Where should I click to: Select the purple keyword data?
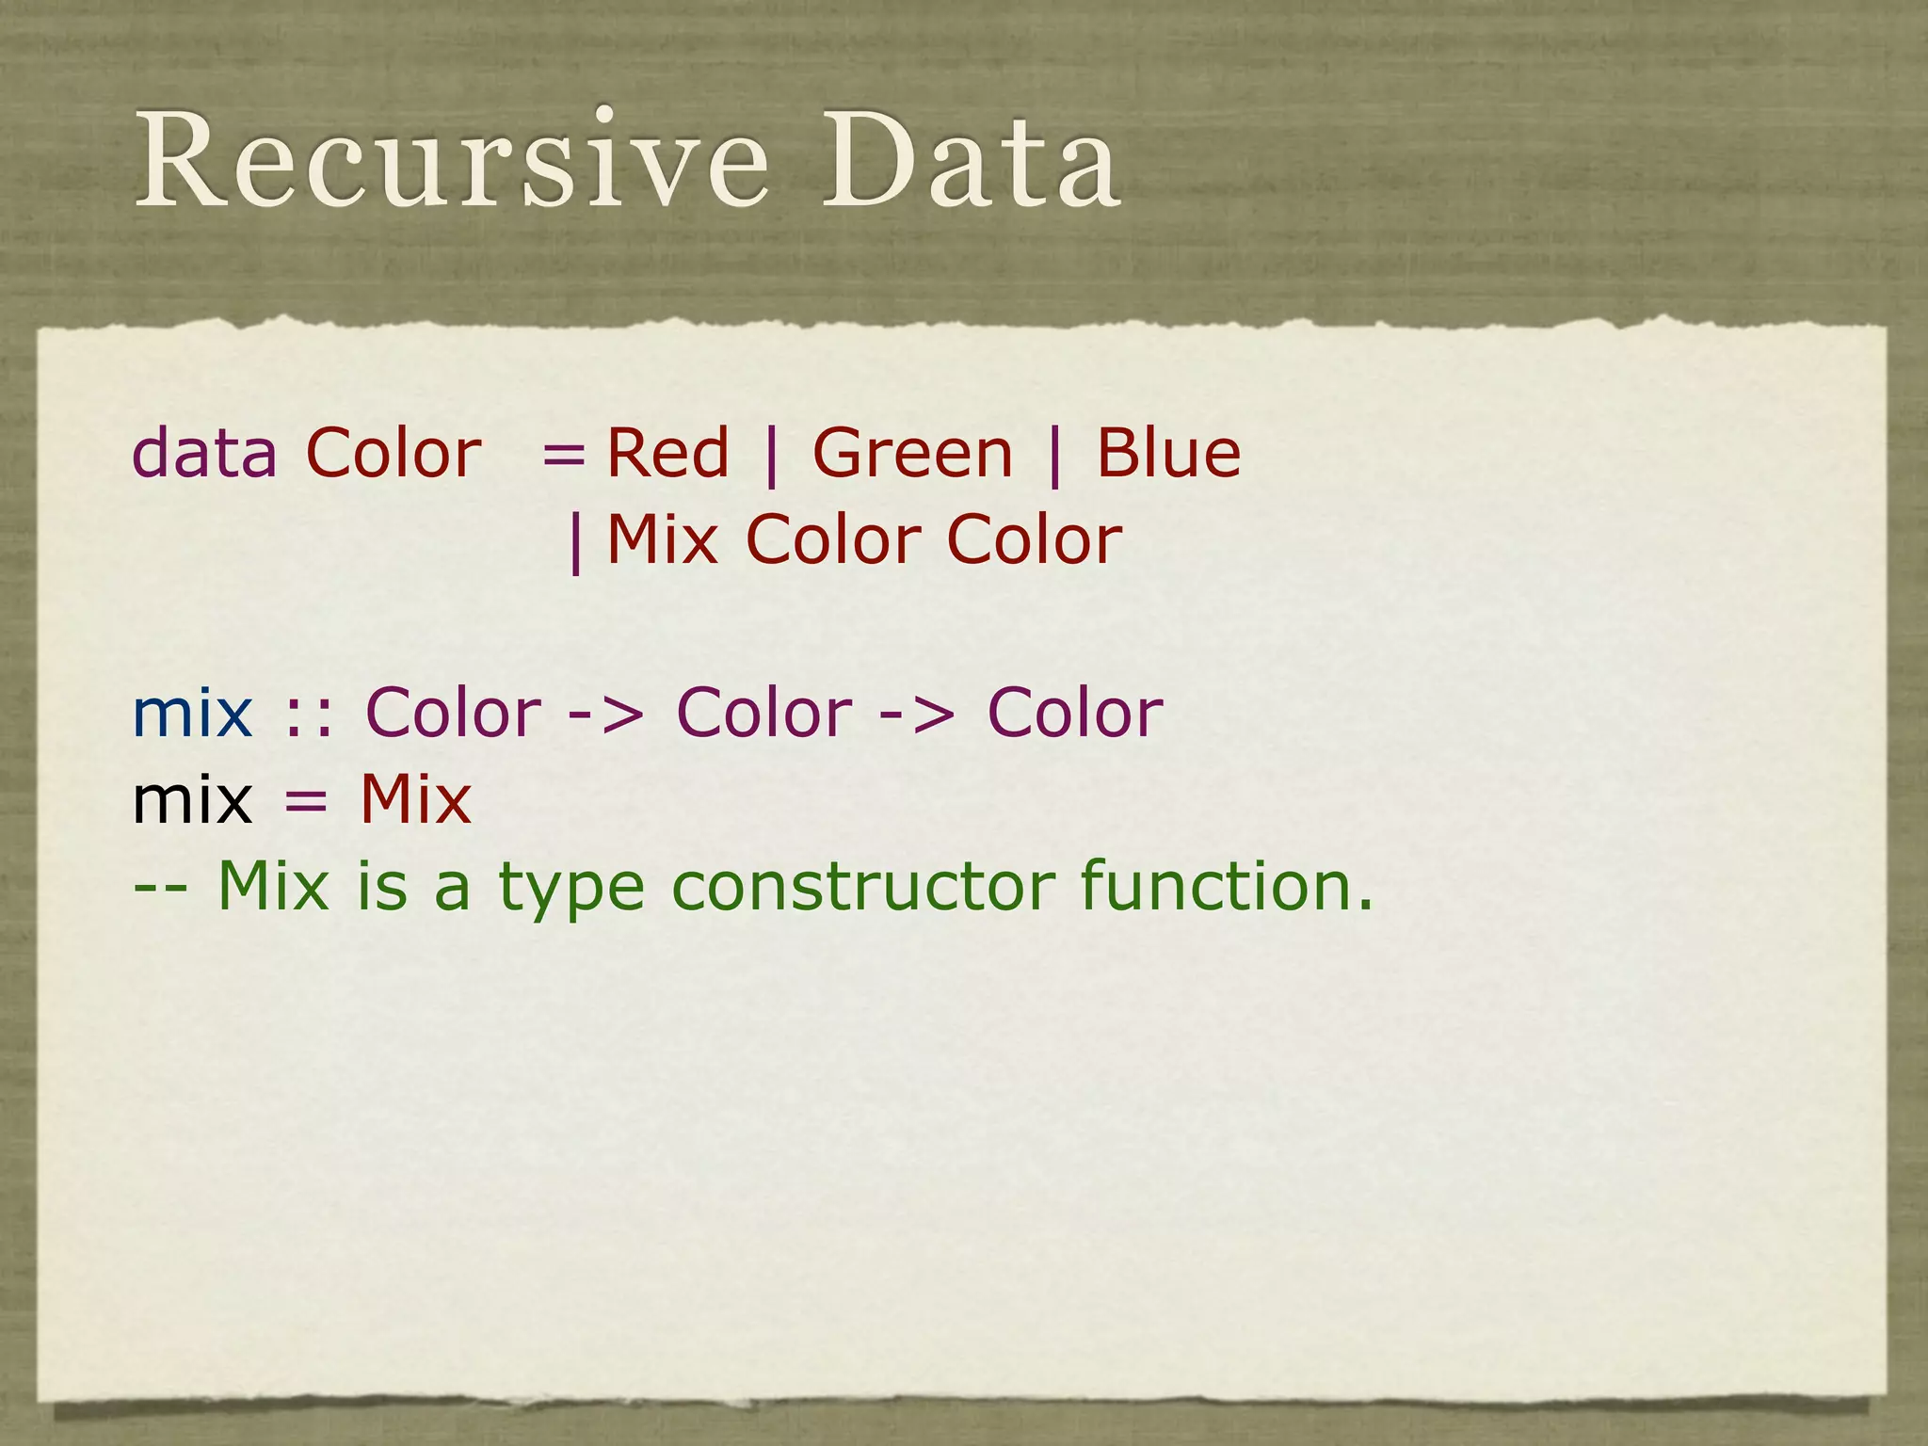204,454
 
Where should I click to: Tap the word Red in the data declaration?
667,454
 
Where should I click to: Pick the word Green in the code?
912,454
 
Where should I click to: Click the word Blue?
1167,454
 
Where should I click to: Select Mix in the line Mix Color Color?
662,540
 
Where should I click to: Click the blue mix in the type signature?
193,714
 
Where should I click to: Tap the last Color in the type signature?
1075,714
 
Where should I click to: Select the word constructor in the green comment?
864,887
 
